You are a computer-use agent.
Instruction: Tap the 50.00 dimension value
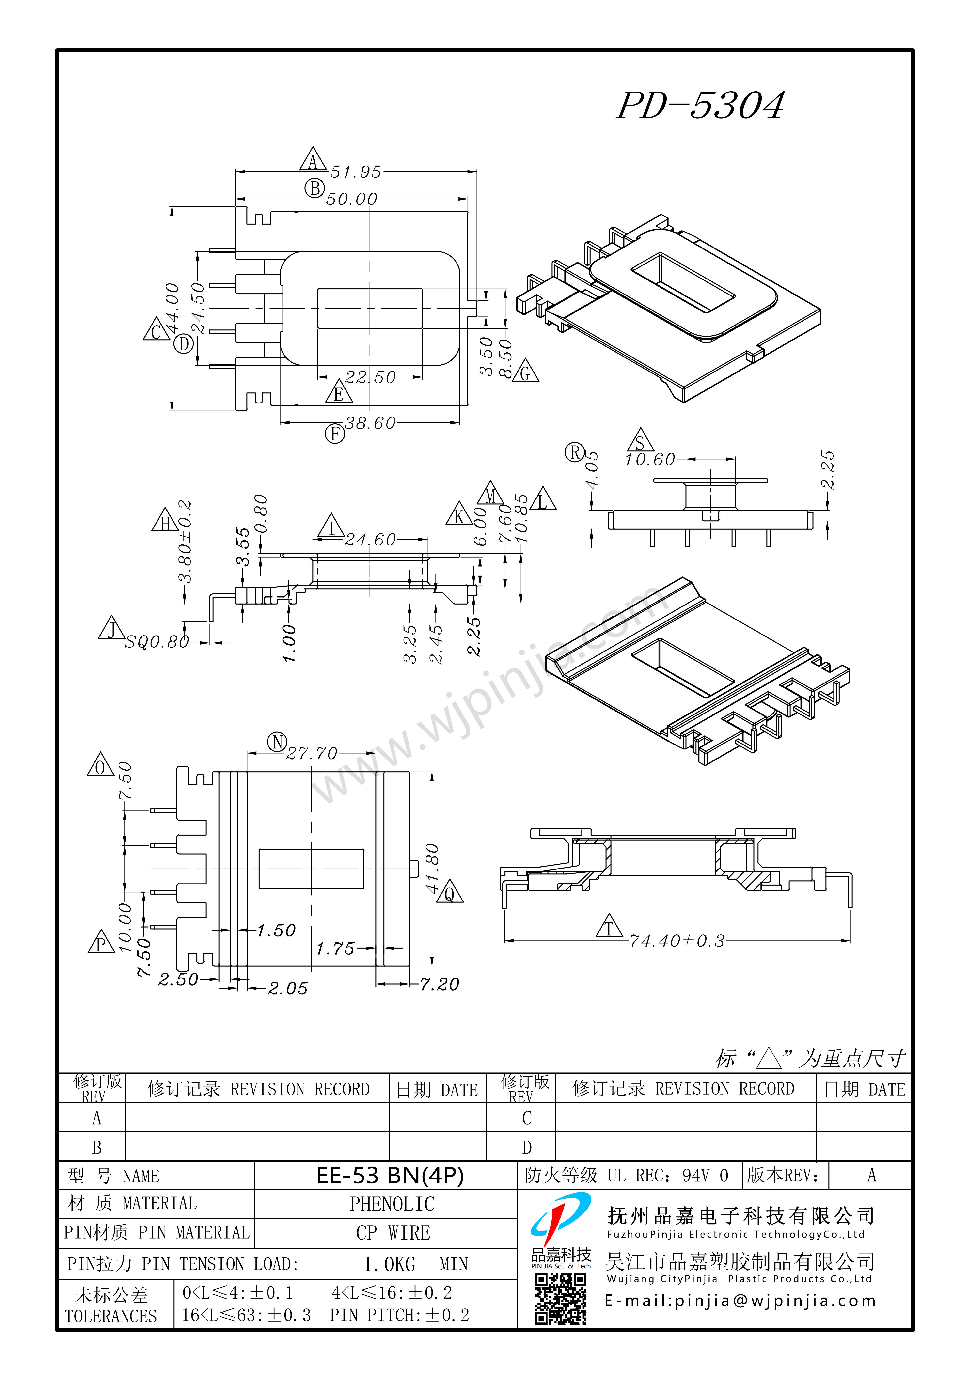pos(351,199)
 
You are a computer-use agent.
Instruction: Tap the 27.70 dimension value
pos(312,754)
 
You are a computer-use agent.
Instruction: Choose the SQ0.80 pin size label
pos(157,642)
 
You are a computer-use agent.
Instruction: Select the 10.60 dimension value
pos(650,460)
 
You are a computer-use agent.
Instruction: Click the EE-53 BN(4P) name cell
pos(390,1175)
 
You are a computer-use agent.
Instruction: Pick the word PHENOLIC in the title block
pos(392,1204)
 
